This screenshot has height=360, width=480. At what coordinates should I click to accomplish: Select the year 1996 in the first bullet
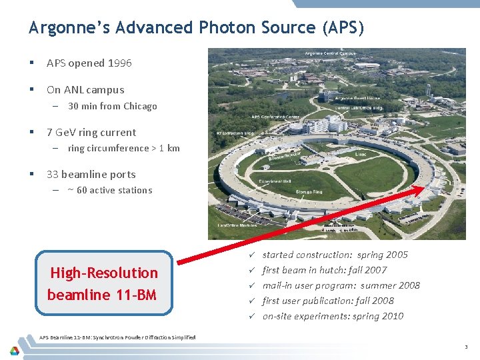pyautogui.click(x=119, y=63)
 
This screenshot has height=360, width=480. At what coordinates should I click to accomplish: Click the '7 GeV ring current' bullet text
pyautogui.click(x=91, y=133)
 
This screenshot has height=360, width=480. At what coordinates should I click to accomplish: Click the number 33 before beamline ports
pyautogui.click(x=52, y=175)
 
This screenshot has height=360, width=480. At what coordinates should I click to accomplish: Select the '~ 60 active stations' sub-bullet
pyautogui.click(x=109, y=190)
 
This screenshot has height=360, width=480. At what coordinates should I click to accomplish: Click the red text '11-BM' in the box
pyautogui.click(x=136, y=294)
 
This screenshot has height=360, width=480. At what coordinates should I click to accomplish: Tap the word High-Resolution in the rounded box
pyautogui.click(x=104, y=273)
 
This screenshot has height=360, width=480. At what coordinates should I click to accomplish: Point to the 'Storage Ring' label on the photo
pyautogui.click(x=309, y=191)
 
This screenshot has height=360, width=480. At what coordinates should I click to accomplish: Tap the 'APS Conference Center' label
pyautogui.click(x=276, y=116)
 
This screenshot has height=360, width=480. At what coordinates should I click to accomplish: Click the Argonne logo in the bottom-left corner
pyautogui.click(x=14, y=349)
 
